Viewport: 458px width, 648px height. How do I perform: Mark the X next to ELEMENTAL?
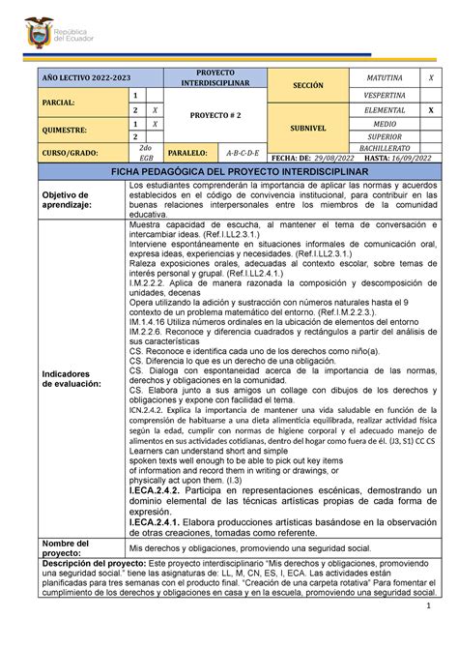[431, 110]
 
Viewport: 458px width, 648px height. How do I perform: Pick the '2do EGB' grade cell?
[146, 152]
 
